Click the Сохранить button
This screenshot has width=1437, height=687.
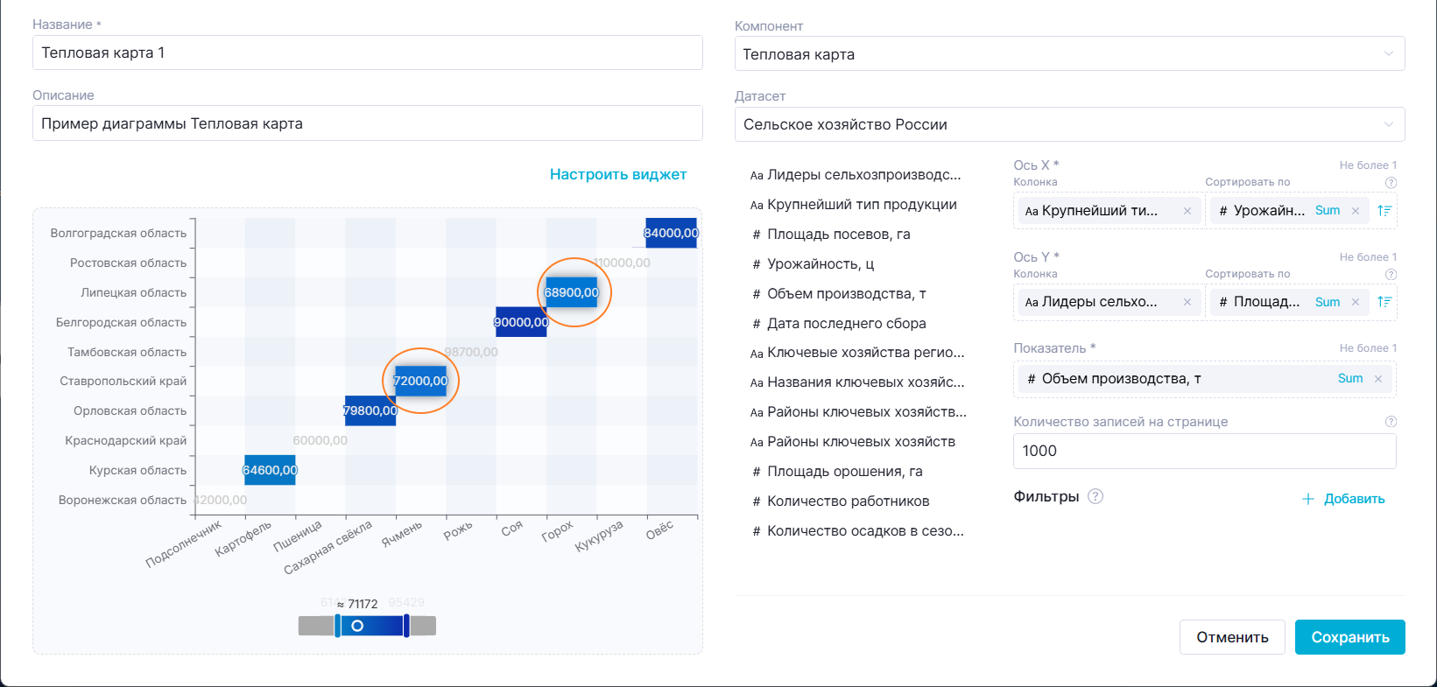coord(1349,637)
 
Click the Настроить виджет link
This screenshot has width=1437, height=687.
coord(617,174)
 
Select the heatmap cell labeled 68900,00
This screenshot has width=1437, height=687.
coord(572,292)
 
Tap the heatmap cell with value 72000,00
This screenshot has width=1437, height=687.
coord(421,381)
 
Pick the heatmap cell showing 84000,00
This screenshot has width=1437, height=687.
coord(671,233)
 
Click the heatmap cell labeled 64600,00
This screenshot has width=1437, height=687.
coord(270,470)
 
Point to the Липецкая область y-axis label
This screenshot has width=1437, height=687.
coord(134,292)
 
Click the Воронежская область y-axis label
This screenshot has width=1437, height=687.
coord(123,500)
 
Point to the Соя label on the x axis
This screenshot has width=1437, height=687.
coord(512,528)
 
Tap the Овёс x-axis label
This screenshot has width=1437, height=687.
coord(660,529)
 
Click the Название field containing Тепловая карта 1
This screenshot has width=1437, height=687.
coord(368,53)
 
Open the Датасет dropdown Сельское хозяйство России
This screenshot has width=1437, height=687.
coord(1069,124)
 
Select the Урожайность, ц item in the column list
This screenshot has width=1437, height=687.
coord(821,263)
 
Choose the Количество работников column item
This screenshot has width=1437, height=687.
coord(848,501)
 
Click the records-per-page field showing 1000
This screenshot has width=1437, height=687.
coord(1204,451)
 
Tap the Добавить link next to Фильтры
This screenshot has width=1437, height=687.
coord(1343,499)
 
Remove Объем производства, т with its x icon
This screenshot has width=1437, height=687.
coord(1378,379)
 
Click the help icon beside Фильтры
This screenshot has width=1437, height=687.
coord(1095,496)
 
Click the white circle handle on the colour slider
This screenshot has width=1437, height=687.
coord(357,626)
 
